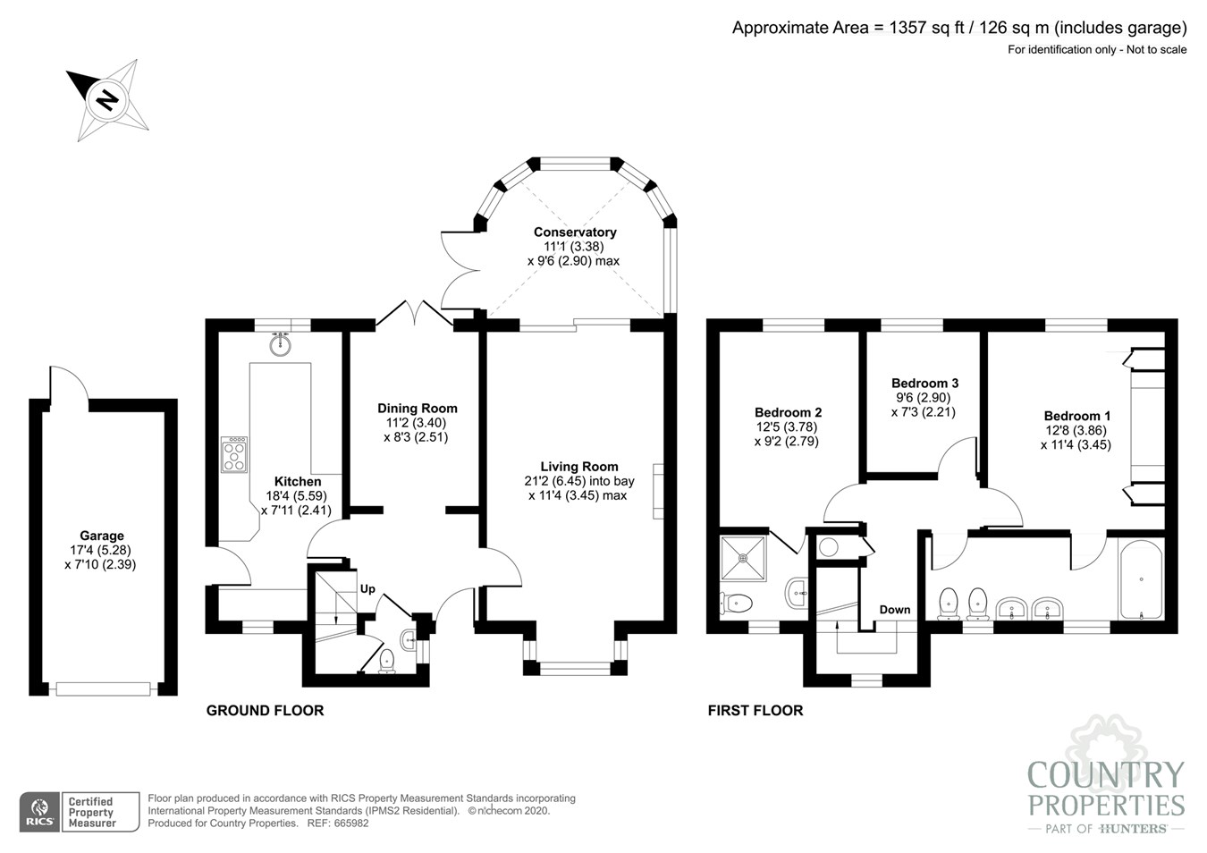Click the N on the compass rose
click(107, 99)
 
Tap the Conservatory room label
click(575, 232)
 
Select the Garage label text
click(102, 536)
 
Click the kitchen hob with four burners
click(234, 455)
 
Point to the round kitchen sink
click(280, 345)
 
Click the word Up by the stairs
click(367, 589)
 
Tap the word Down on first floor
click(895, 610)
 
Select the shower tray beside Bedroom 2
click(743, 558)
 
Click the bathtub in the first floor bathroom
click(1141, 579)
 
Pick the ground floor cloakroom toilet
click(386, 661)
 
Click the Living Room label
click(579, 467)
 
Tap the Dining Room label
click(417, 409)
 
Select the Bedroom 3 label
click(924, 383)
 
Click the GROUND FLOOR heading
click(266, 711)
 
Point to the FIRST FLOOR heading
click(755, 711)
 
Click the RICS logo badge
click(40, 812)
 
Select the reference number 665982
click(350, 823)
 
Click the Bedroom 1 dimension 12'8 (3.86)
click(1076, 431)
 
